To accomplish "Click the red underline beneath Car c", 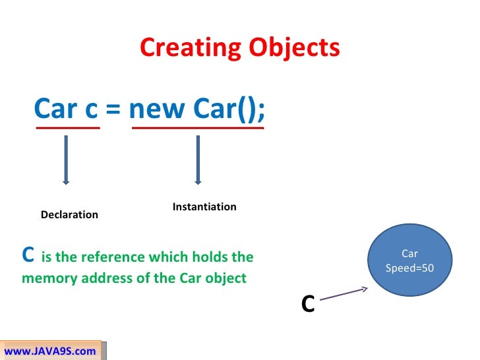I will [x=68, y=128].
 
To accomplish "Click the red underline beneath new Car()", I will [x=198, y=128].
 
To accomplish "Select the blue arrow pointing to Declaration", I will [x=65, y=159].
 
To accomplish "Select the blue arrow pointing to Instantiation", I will [x=196, y=159].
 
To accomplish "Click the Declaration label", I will [x=69, y=215].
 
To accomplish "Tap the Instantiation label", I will [x=204, y=207].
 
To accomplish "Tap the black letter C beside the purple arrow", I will [x=307, y=304].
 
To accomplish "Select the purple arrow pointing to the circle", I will [x=344, y=295].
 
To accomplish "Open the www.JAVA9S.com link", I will [x=50, y=351].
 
